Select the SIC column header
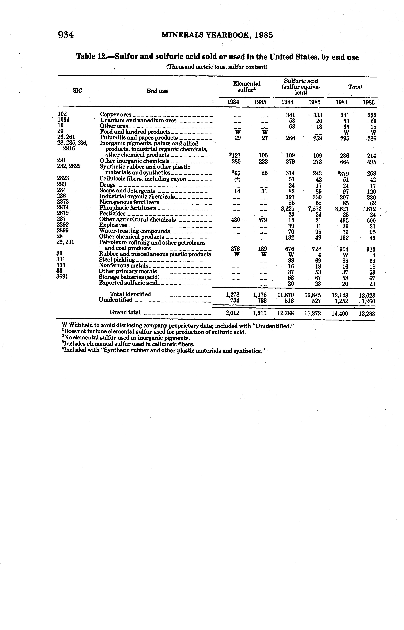click(77, 91)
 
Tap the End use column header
click(157, 91)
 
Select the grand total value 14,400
click(340, 313)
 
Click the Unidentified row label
click(115, 300)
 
